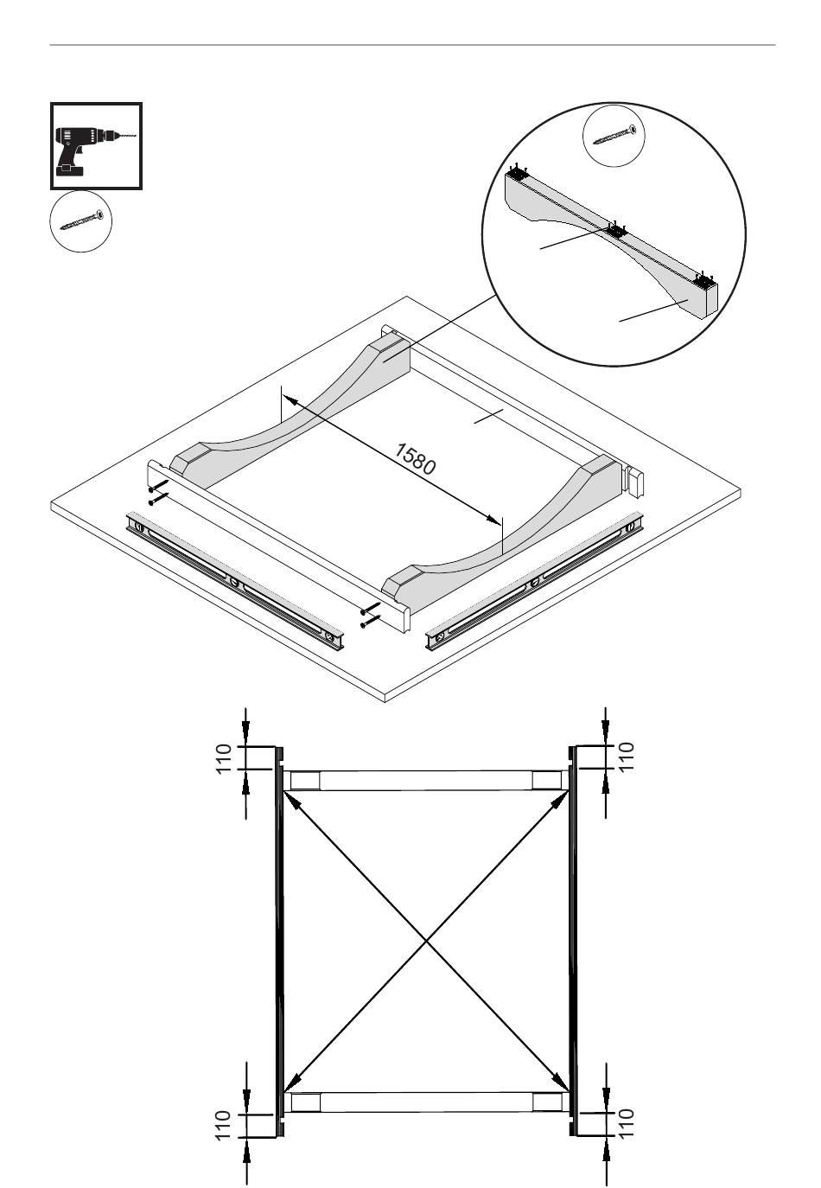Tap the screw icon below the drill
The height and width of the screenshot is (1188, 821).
pyautogui.click(x=81, y=220)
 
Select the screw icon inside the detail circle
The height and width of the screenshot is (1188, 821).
pyautogui.click(x=614, y=136)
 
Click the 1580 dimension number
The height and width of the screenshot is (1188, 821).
pyautogui.click(x=415, y=459)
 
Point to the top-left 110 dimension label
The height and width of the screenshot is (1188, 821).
pyautogui.click(x=224, y=758)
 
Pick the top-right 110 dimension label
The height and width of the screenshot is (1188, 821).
pyautogui.click(x=627, y=757)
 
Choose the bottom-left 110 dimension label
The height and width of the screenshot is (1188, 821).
pyautogui.click(x=224, y=1125)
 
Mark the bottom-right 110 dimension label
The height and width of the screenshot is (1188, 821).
pyautogui.click(x=627, y=1123)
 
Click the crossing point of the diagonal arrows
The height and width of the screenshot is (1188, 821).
pyautogui.click(x=426, y=941)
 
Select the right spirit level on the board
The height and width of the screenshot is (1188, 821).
pyautogui.click(x=534, y=581)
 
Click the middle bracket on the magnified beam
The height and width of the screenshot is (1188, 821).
pyautogui.click(x=615, y=231)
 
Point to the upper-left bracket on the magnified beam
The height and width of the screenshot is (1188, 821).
pyautogui.click(x=518, y=174)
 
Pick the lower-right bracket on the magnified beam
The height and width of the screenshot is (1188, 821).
pyautogui.click(x=704, y=279)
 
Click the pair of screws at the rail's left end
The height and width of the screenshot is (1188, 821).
pyautogui.click(x=158, y=492)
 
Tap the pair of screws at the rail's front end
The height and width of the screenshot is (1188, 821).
pyautogui.click(x=370, y=616)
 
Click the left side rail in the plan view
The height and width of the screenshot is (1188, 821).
pyautogui.click(x=279, y=941)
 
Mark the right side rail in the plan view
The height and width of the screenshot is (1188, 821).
pyautogui.click(x=572, y=941)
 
